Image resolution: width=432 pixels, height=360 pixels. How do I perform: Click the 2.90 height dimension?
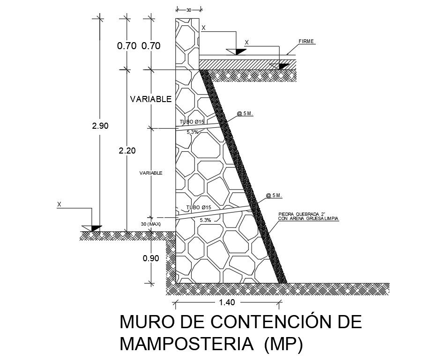click(x=100, y=126)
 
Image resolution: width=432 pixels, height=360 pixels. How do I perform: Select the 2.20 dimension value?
click(x=127, y=151)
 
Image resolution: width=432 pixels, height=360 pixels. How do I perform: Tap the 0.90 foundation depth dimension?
click(x=151, y=258)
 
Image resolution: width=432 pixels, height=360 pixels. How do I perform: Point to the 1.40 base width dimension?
click(x=227, y=302)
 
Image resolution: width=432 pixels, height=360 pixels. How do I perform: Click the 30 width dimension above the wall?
click(x=189, y=9)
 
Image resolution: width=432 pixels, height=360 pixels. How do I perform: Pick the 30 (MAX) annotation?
click(x=151, y=224)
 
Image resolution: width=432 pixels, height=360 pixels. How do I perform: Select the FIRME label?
click(x=306, y=41)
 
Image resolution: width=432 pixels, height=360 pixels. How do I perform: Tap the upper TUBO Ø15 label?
click(x=192, y=122)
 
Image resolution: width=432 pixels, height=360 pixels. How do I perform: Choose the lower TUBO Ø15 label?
click(x=199, y=207)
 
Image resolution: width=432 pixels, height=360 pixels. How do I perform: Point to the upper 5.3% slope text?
click(x=193, y=132)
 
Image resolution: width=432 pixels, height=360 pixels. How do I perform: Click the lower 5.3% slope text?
click(x=205, y=220)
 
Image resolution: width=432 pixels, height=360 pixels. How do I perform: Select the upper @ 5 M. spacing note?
click(x=245, y=113)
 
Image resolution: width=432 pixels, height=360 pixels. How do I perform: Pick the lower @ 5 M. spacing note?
click(x=274, y=195)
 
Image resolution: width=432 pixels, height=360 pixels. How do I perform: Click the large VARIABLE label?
click(x=151, y=99)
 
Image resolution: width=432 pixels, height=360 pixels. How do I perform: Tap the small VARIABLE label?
click(x=151, y=173)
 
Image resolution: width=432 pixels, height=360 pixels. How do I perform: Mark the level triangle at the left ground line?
click(x=96, y=228)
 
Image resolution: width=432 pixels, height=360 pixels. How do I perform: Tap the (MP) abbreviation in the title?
click(x=284, y=344)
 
